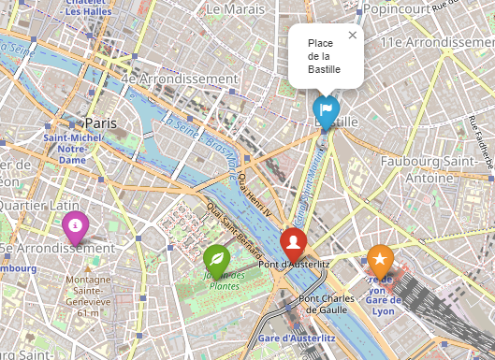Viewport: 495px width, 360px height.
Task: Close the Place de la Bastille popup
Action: [x=352, y=36]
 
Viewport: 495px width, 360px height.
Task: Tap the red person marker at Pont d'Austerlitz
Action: [x=293, y=243]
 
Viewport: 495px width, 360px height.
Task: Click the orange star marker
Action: [x=379, y=259]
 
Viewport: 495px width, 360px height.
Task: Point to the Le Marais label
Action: [x=237, y=8]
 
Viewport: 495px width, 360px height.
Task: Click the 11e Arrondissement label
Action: [x=437, y=42]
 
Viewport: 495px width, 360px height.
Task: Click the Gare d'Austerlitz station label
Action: [x=296, y=337]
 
